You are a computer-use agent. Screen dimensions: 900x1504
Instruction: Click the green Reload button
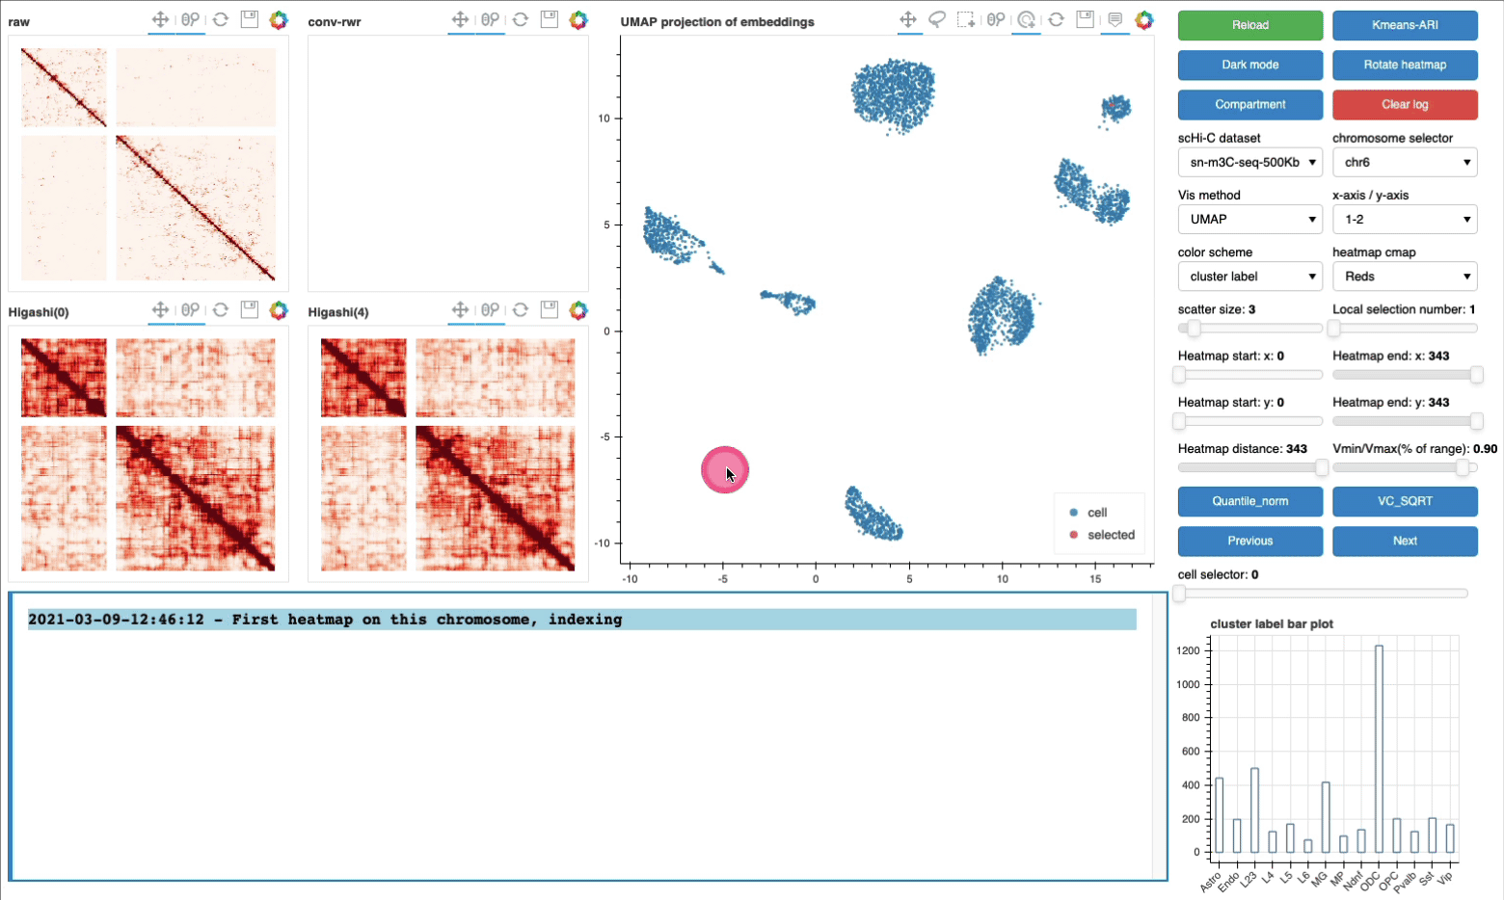[1249, 25]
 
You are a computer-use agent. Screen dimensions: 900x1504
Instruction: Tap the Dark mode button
[1249, 65]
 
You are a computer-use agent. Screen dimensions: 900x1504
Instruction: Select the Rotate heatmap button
[1405, 65]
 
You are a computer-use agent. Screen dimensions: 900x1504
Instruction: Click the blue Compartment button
[1249, 104]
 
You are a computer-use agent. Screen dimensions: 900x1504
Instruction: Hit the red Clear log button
[1405, 104]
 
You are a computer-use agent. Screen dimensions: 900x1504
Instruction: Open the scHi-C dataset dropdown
[1249, 162]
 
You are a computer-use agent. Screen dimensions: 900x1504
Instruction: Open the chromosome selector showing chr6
[1405, 162]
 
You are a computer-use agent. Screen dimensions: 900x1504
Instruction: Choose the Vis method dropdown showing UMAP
[1249, 220]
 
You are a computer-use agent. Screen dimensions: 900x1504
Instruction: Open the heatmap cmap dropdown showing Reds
[1405, 277]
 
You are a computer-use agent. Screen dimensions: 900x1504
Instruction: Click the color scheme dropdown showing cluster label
[1249, 277]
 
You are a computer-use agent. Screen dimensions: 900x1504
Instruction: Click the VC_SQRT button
[1405, 501]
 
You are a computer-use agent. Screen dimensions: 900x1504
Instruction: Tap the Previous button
[1249, 541]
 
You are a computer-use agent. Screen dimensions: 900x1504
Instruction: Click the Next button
[1405, 541]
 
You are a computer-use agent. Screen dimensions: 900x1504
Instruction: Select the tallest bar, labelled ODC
[1379, 752]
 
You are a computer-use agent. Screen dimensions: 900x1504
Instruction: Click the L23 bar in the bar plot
[1254, 811]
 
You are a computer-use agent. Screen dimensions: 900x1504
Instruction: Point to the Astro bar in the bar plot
[1220, 816]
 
